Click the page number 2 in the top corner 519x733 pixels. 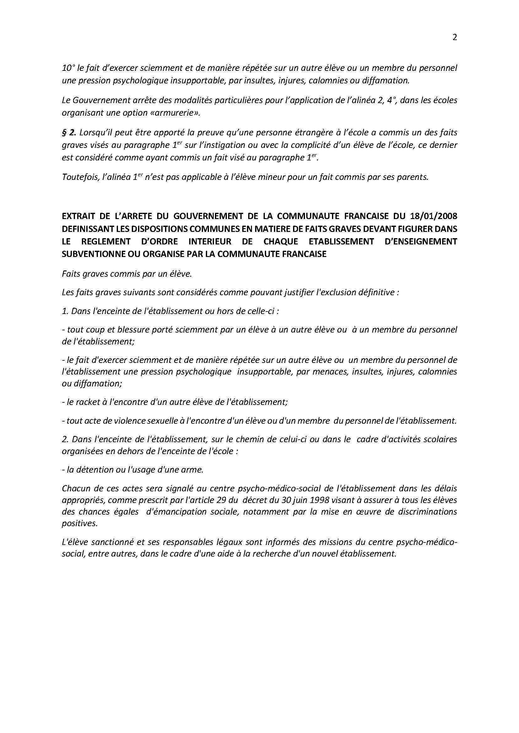455,38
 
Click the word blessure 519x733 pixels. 132,329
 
